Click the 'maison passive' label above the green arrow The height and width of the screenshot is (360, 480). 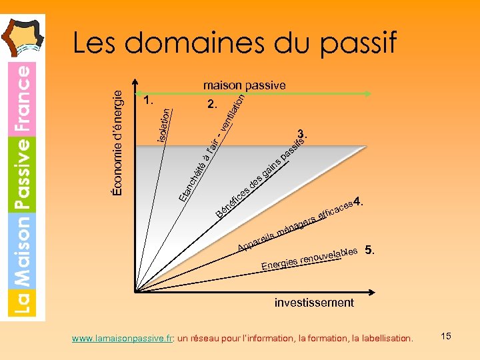pos(244,85)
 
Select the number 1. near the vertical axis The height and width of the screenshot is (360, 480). pos(149,101)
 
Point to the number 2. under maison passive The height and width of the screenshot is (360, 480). pos(212,105)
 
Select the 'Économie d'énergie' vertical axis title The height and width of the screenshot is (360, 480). pos(118,143)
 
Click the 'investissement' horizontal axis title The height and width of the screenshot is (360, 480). pos(314,303)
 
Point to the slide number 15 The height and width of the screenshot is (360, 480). pos(446,336)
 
